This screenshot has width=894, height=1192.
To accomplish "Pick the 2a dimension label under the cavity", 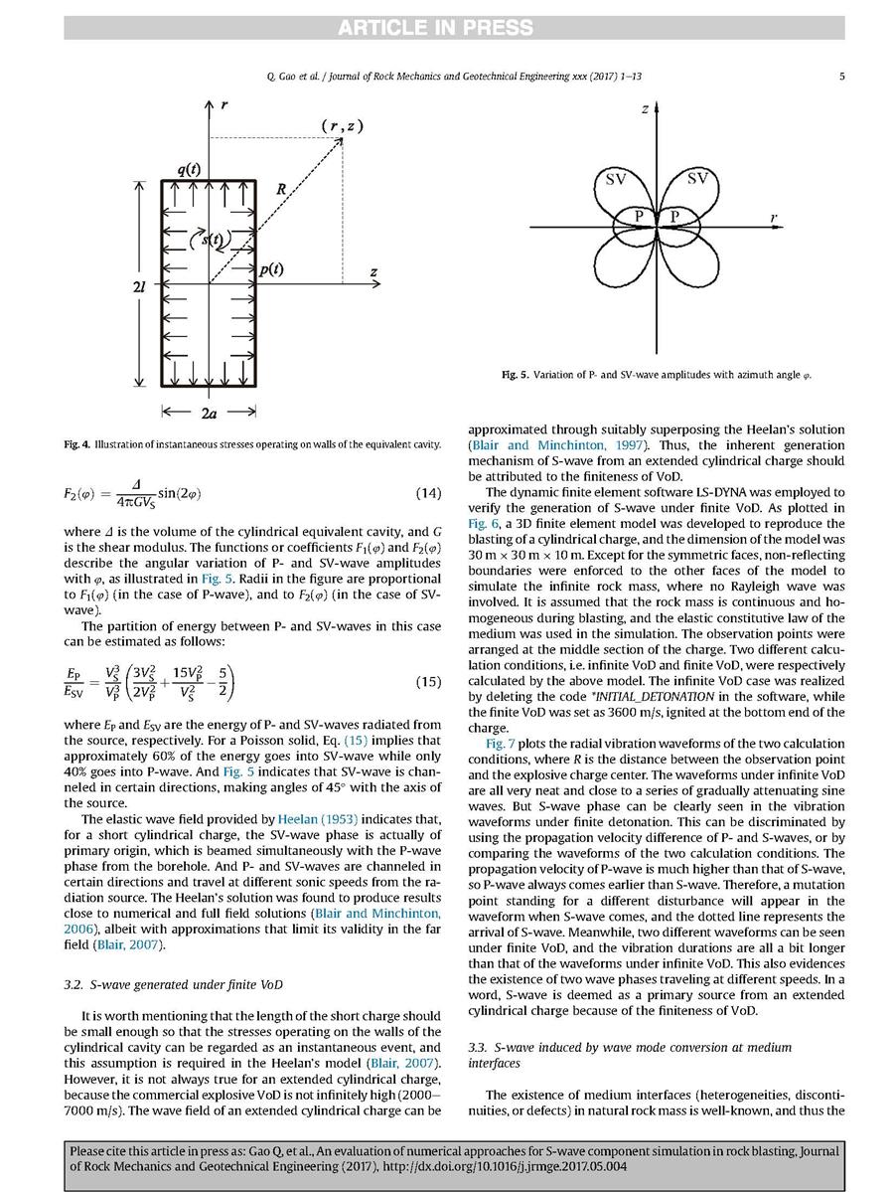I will click(209, 410).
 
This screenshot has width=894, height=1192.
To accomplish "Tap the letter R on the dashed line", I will click(282, 188).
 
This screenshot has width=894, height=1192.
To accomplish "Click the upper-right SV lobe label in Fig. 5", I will click(698, 179).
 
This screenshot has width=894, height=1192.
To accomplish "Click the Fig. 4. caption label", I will click(76, 443).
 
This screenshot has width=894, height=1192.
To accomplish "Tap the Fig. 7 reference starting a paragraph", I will click(501, 744).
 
